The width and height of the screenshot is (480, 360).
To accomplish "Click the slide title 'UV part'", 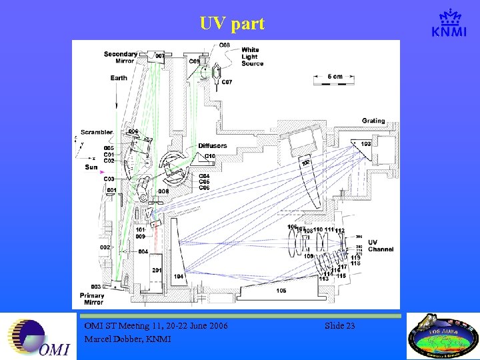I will click(232, 24).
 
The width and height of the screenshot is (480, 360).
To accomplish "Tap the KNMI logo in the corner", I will click(449, 24).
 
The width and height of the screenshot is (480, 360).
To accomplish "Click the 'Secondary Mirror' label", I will click(121, 57).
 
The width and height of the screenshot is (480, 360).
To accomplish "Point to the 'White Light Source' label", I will click(252, 57).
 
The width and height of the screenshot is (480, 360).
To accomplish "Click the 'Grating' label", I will click(373, 121).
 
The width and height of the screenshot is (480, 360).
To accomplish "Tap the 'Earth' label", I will click(119, 78).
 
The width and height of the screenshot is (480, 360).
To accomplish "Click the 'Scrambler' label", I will click(97, 132).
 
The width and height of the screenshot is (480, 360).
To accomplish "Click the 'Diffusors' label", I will click(212, 145).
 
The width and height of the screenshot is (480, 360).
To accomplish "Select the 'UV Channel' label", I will click(381, 246).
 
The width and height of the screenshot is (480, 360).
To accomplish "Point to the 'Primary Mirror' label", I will click(93, 299).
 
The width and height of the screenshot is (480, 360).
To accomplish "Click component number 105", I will click(281, 291).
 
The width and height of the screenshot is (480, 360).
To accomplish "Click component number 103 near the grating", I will click(366, 144).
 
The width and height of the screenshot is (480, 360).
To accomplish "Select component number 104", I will click(178, 276).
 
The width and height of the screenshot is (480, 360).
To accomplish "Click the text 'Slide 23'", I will click(339, 326).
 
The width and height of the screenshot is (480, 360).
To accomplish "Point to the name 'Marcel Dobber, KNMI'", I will click(127, 339).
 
